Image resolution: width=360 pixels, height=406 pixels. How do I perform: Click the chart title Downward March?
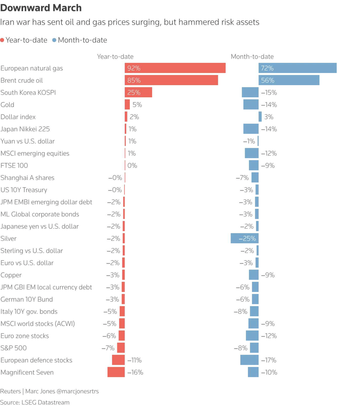41,7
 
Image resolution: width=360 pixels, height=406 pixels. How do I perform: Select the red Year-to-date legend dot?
2,40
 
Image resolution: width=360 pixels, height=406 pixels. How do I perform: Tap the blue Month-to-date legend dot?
54,40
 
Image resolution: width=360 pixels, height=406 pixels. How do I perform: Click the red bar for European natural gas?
175,68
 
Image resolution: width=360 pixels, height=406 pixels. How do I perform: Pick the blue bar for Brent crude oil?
289,80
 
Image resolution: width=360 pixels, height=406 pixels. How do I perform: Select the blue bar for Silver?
244,239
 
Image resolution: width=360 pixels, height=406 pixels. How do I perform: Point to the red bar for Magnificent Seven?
116,372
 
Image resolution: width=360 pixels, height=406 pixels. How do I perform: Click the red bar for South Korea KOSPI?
138,93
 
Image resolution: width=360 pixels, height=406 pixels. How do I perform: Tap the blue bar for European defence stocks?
249,360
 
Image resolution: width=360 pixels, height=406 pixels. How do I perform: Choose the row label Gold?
7,105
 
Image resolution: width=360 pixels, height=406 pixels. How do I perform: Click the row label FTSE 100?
14,166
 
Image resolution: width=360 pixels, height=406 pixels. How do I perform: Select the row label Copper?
11,275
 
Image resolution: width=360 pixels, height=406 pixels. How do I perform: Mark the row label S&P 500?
14,348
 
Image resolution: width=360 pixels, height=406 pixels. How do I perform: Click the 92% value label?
134,68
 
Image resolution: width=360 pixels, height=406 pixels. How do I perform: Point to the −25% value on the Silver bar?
247,239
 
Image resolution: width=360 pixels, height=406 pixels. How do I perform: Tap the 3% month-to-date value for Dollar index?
269,117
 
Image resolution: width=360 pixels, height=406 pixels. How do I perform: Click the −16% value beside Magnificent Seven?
135,372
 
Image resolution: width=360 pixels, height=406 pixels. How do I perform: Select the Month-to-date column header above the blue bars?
252,56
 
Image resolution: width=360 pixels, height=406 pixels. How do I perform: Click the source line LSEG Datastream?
35,402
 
